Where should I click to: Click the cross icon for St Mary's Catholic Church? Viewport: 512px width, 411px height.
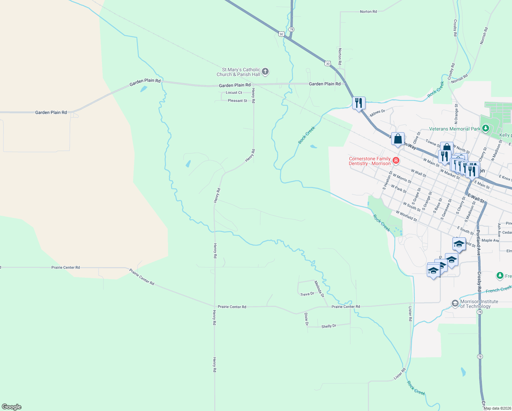(265, 72)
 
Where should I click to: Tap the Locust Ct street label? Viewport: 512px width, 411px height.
(234, 92)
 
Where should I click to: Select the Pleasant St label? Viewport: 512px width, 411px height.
(238, 101)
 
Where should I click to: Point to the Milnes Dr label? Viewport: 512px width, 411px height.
(377, 113)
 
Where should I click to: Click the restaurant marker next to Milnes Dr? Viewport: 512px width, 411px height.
(358, 103)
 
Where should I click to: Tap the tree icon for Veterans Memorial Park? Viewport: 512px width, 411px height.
(485, 128)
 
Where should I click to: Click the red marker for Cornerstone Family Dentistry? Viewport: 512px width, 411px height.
(396, 161)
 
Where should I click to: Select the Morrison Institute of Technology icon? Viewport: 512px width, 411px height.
(455, 303)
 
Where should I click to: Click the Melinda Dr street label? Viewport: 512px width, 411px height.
(319, 289)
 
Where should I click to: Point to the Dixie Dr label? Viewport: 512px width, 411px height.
(306, 319)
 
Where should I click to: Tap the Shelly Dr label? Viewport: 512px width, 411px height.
(329, 326)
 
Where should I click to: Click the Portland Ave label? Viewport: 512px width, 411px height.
(478, 242)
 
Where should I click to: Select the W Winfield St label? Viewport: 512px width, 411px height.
(406, 216)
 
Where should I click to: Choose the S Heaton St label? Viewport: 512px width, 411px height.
(387, 180)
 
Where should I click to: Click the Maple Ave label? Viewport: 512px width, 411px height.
(490, 240)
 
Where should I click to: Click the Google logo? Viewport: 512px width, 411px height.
(12, 407)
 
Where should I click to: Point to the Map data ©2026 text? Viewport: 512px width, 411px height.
(497, 408)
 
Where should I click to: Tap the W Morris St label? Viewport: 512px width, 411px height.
(402, 178)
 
